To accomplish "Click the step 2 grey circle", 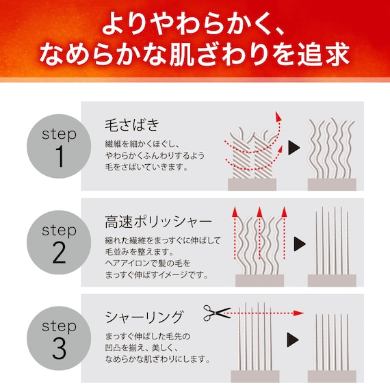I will click(58, 243).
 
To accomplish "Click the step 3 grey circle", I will click(58, 339).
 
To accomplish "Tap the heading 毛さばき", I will click(131, 125).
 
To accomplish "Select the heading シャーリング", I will click(144, 317).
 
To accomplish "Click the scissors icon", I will click(217, 313).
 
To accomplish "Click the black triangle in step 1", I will click(294, 147).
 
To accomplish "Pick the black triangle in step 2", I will click(299, 243).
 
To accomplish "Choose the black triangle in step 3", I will click(293, 337).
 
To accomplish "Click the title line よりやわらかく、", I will click(194, 26).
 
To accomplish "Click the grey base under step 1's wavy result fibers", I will click(331, 183).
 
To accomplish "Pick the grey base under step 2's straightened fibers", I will click(331, 280).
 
